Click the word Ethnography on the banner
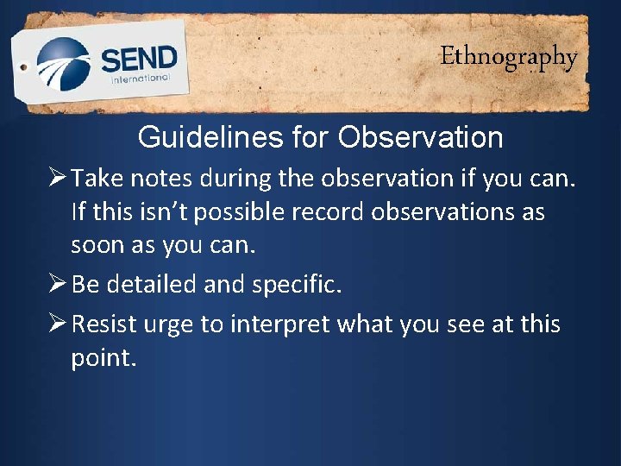tap(508, 57)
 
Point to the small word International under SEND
tap(139, 79)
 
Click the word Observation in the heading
tap(420, 137)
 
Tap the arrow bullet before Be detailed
tap(57, 285)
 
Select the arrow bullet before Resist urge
tap(57, 324)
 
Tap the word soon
tap(98, 246)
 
